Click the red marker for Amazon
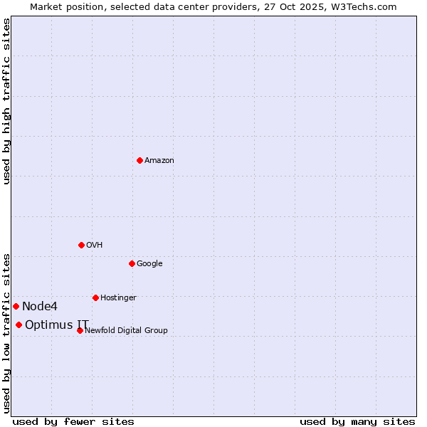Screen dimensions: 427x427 [x=139, y=160]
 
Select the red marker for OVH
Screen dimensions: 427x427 [x=81, y=245]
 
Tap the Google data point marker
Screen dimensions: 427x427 [x=132, y=263]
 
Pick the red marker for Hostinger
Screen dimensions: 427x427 [x=95, y=297]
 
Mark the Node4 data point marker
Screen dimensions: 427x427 [x=16, y=306]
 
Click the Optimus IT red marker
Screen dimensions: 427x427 [x=19, y=325]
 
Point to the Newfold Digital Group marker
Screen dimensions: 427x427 [x=80, y=330]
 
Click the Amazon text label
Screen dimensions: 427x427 [x=159, y=161]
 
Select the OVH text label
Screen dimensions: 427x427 [x=95, y=246]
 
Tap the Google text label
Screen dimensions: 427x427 [x=149, y=264]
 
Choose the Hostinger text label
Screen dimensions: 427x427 [x=118, y=298]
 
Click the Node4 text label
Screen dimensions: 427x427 [x=40, y=307]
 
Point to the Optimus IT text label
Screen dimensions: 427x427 [x=57, y=325]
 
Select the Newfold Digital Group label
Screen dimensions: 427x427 [x=126, y=331]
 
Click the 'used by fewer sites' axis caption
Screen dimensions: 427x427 [x=73, y=421]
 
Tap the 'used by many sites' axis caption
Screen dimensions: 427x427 [x=357, y=421]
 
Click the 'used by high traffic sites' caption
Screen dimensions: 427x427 [x=6, y=101]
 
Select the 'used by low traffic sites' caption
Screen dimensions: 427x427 [x=6, y=333]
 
